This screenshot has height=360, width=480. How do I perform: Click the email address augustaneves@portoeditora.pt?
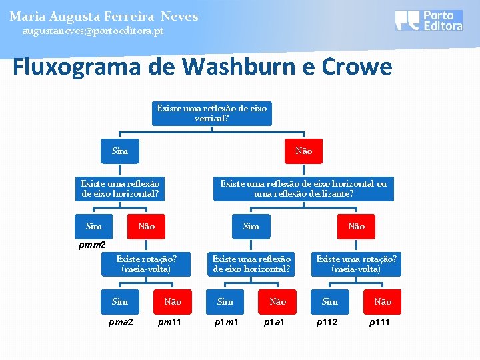(x=92, y=31)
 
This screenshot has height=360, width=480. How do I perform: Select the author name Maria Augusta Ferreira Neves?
(x=103, y=16)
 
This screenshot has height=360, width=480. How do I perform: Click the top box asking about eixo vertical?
(x=212, y=113)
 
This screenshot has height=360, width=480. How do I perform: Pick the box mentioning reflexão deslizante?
(x=303, y=189)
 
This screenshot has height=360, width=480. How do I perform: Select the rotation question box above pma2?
(x=146, y=264)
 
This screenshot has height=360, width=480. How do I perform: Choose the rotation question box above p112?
(x=357, y=264)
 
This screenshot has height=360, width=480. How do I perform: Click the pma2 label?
(x=120, y=323)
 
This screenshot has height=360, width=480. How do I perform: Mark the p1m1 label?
(x=225, y=323)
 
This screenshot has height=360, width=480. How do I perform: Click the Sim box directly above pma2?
(x=120, y=301)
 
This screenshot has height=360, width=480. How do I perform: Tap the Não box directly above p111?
(x=383, y=301)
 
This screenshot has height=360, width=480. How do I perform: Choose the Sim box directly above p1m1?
(x=225, y=301)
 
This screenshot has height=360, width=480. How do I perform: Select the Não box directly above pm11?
(x=172, y=301)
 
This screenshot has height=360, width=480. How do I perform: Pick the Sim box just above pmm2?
(x=94, y=226)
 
